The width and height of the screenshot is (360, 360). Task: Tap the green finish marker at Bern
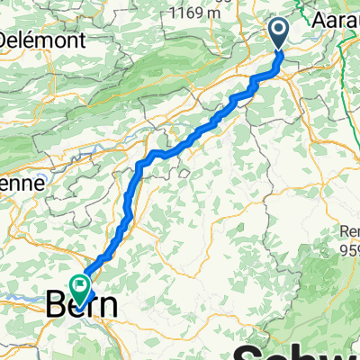tap(82, 287)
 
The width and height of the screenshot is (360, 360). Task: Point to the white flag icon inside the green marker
tap(82, 287)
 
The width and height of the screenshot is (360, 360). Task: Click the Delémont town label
tap(41, 40)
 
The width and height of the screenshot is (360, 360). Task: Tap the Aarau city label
tap(336, 20)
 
